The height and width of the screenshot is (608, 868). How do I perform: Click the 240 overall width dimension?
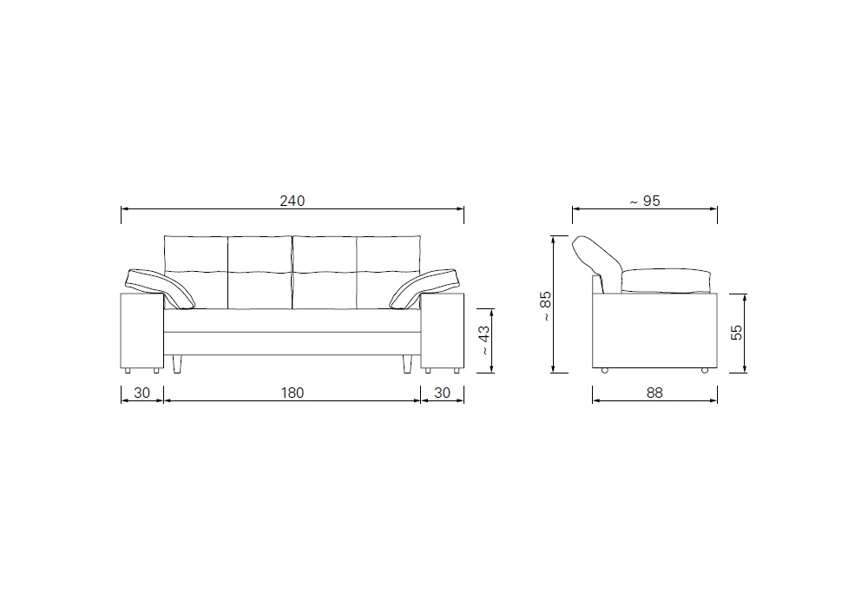click(x=292, y=201)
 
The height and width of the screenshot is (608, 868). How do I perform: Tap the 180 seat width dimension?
click(x=293, y=393)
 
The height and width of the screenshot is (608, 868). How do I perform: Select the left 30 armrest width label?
click(x=142, y=393)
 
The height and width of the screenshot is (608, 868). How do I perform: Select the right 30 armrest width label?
click(x=443, y=393)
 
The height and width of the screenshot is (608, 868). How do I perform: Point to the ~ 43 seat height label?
click(x=483, y=340)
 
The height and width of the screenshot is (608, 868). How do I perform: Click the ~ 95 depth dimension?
click(x=645, y=201)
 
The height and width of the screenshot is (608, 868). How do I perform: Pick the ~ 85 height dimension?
click(x=546, y=307)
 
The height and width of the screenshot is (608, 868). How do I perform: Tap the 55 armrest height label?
click(x=737, y=333)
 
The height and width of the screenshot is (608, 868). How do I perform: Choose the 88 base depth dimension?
click(x=654, y=393)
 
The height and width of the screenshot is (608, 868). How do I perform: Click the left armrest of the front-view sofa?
click(x=142, y=331)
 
